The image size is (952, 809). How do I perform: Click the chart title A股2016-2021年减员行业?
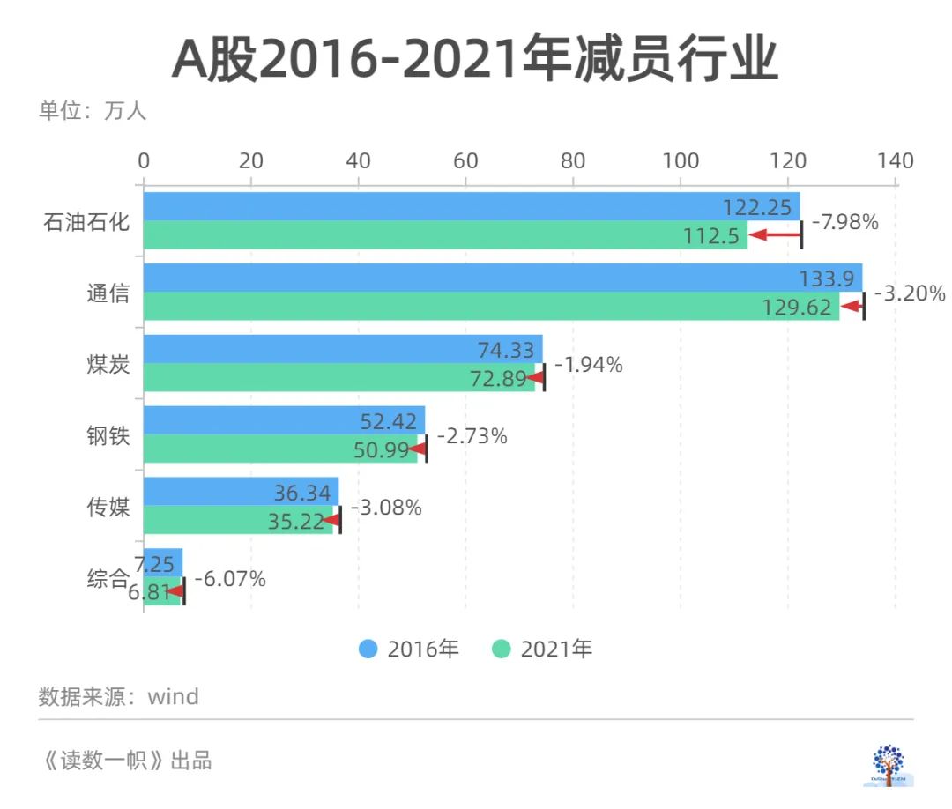tap(475, 60)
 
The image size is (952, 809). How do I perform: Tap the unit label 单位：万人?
tap(92, 112)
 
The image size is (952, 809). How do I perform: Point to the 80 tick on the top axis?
tap(573, 161)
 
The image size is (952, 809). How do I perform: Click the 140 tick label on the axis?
tap(896, 161)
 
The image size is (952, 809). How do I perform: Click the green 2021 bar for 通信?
tap(441, 306)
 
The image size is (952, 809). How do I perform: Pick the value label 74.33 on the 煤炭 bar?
tap(506, 350)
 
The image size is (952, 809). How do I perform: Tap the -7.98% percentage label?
tap(844, 222)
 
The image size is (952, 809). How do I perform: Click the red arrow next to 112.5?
tap(776, 234)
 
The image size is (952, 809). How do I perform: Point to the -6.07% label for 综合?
tap(230, 579)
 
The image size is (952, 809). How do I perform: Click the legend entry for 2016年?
tap(409, 649)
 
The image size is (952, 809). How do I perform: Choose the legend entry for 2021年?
tap(542, 649)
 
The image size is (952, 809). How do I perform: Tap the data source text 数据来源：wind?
tap(119, 697)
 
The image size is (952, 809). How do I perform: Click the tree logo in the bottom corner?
tap(888, 763)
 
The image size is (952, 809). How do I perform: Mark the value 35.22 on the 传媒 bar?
tap(296, 522)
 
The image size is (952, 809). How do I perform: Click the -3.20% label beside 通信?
tap(910, 293)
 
